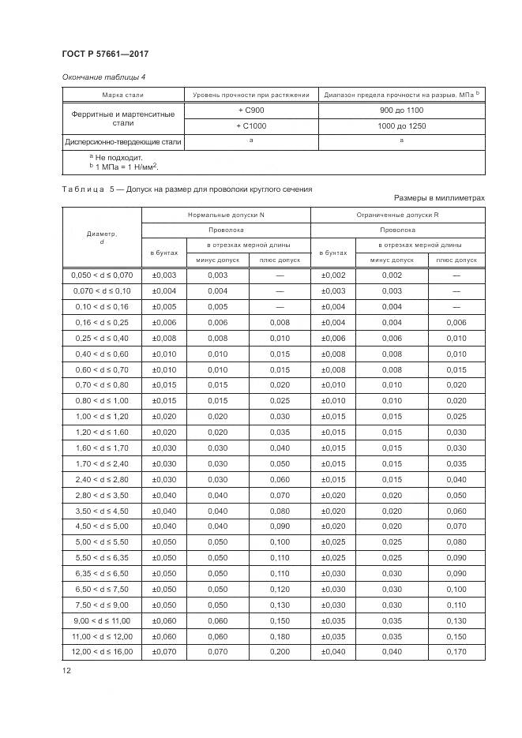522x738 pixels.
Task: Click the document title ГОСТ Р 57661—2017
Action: (x=105, y=53)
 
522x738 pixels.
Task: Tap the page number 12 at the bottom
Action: (x=66, y=671)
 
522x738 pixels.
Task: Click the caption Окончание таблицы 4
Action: (x=103, y=77)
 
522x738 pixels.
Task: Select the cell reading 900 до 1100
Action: (x=401, y=111)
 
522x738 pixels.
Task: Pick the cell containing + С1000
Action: (x=251, y=126)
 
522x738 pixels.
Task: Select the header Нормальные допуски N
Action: (x=226, y=215)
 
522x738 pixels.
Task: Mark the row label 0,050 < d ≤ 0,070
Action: (x=102, y=275)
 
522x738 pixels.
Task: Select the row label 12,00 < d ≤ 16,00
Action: (x=102, y=652)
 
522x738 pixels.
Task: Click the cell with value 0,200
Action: (x=280, y=652)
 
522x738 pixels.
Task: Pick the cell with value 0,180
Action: (x=280, y=636)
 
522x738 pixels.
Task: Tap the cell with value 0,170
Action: (x=456, y=652)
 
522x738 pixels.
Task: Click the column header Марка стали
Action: (x=123, y=96)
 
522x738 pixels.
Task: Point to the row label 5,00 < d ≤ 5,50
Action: (x=102, y=541)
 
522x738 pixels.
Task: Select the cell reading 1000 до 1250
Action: (x=401, y=126)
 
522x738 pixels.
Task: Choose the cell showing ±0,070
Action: (x=164, y=652)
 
